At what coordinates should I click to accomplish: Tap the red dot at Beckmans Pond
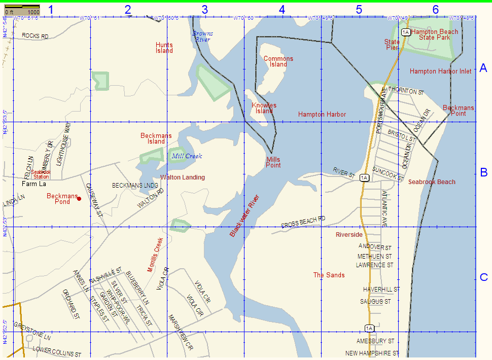coord(79,199)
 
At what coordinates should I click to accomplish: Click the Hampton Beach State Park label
coord(434,34)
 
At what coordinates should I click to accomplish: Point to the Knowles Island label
coord(264,108)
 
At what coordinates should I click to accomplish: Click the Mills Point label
coord(273,162)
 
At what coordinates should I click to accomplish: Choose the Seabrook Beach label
coord(432,182)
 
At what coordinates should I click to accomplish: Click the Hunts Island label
coord(164,48)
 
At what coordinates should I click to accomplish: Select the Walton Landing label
coord(183,177)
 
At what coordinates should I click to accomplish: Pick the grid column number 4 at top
coord(282,9)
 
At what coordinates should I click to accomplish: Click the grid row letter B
coord(483,172)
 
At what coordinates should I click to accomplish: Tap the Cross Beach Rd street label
coord(303,222)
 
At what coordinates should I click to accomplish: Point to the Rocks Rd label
coord(35,37)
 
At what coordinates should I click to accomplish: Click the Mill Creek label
coord(187,156)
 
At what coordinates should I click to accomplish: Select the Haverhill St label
coord(381,290)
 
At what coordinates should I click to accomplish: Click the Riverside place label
coord(349,235)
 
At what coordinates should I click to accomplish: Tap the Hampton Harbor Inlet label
coord(440,71)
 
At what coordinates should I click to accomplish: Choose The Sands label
coord(329,275)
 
